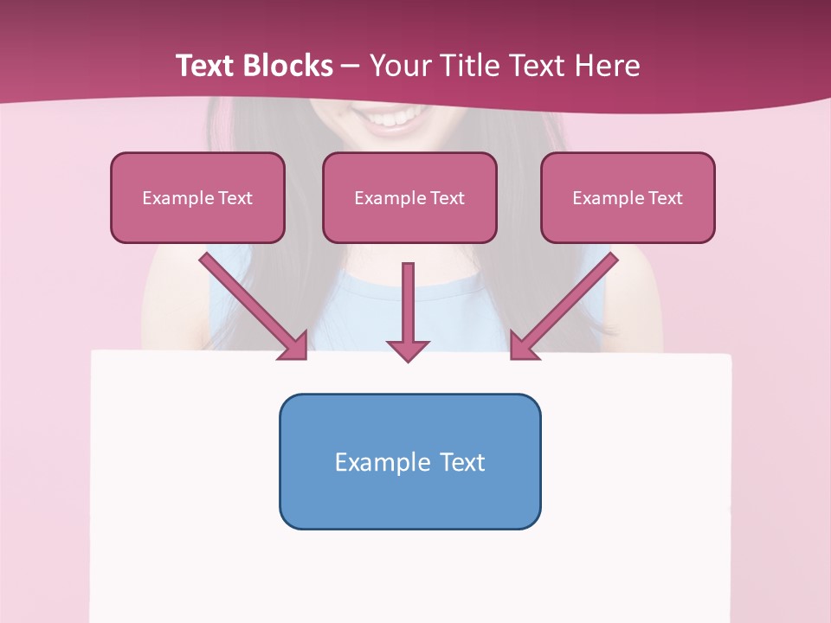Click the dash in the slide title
coord(351,66)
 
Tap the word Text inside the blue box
coord(462,462)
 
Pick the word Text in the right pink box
coord(665,198)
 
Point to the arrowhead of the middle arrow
coord(408,350)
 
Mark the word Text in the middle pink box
coord(447,198)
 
